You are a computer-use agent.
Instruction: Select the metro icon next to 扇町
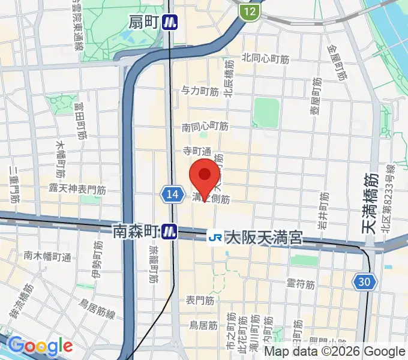tap(172, 23)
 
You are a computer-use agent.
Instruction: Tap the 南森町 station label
tap(135, 230)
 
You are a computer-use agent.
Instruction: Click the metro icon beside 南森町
tap(171, 230)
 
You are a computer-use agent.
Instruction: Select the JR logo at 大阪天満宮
tap(215, 238)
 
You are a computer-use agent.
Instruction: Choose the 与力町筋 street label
tap(200, 91)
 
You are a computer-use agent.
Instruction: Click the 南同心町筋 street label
tap(205, 127)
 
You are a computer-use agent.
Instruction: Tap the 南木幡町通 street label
tap(47, 256)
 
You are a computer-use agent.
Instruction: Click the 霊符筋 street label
tap(301, 284)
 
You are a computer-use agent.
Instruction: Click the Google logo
tap(40, 346)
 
